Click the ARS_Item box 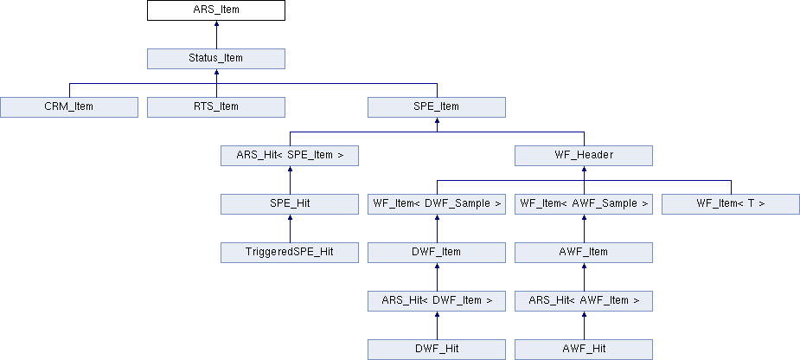pyautogui.click(x=216, y=10)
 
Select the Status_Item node pyautogui.click(x=216, y=59)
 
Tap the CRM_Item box pyautogui.click(x=69, y=107)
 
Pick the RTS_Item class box pyautogui.click(x=216, y=107)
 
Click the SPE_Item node pyautogui.click(x=437, y=107)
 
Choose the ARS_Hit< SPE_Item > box pyautogui.click(x=290, y=156)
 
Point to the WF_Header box pyautogui.click(x=584, y=156)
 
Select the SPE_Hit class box pyautogui.click(x=290, y=204)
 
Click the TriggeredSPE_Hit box pyautogui.click(x=290, y=253)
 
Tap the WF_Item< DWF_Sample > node pyautogui.click(x=437, y=204)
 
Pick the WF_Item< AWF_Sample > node pyautogui.click(x=584, y=204)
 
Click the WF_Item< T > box pyautogui.click(x=731, y=204)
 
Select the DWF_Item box pyautogui.click(x=437, y=253)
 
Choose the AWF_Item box pyautogui.click(x=584, y=253)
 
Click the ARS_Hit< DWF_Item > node pyautogui.click(x=437, y=301)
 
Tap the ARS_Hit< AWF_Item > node pyautogui.click(x=584, y=301)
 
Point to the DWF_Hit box pyautogui.click(x=437, y=350)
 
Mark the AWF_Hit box pyautogui.click(x=584, y=350)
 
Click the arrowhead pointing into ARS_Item pyautogui.click(x=216, y=23)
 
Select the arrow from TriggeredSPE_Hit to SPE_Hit pyautogui.click(x=290, y=228)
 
